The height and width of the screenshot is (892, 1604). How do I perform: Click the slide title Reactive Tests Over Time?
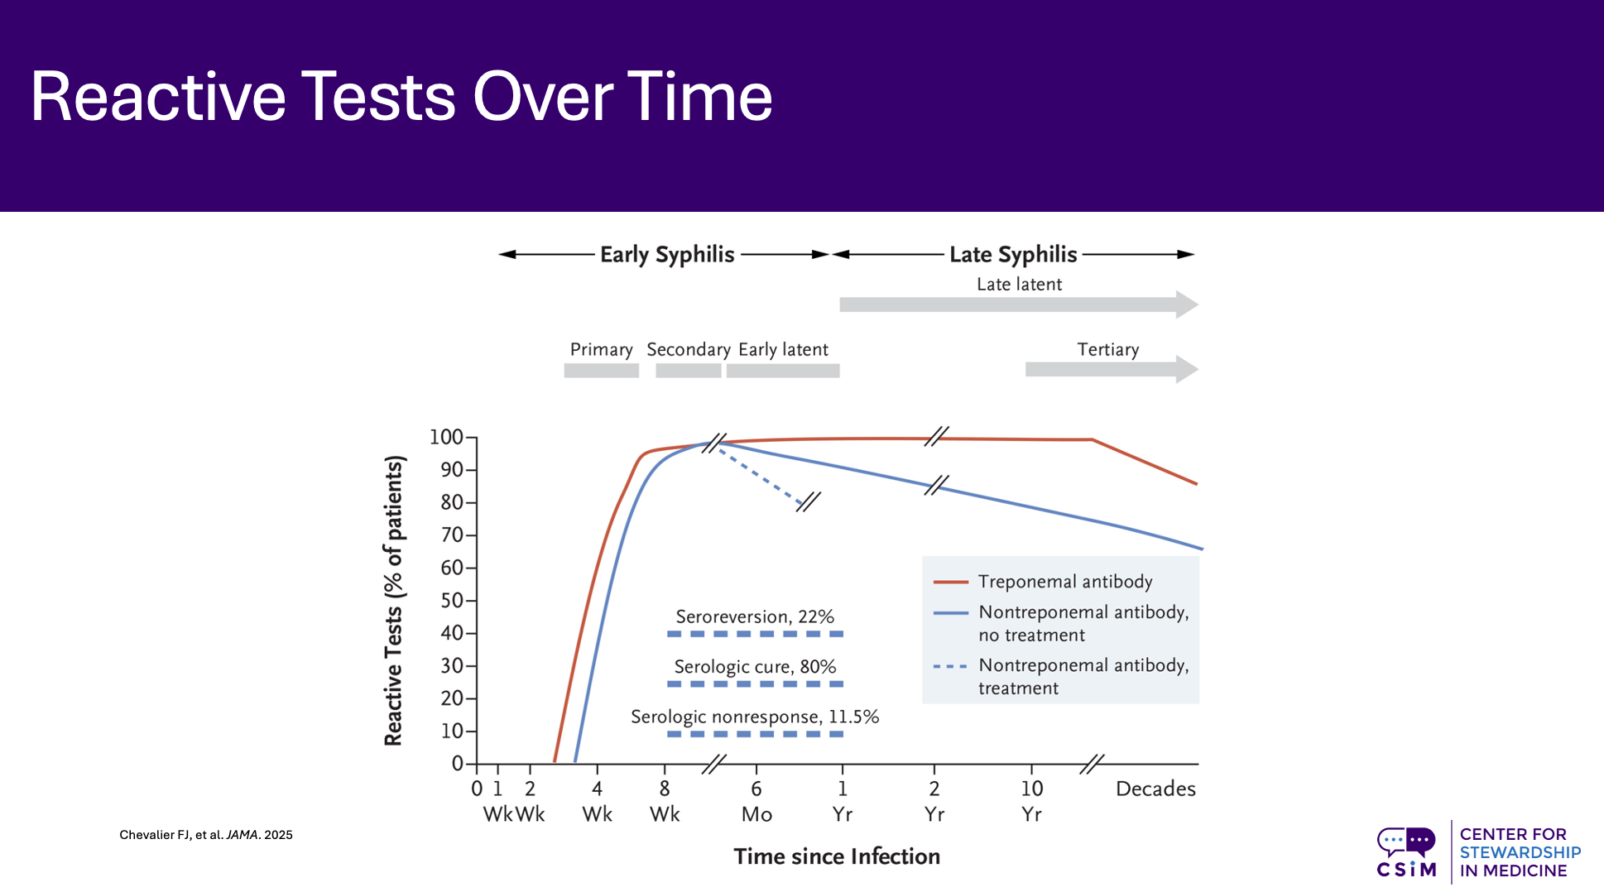tap(401, 97)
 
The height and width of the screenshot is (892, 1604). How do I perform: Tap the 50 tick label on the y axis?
tap(451, 601)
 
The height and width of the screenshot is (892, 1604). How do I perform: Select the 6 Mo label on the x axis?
tap(756, 801)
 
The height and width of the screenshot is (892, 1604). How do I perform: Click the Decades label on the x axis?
tap(1155, 789)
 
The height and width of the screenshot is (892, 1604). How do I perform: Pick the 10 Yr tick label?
tap(1031, 801)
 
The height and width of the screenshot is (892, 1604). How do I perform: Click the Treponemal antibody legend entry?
tap(1065, 582)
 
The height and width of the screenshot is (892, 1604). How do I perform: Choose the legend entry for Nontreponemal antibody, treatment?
tap(1083, 676)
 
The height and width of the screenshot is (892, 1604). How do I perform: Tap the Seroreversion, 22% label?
tap(755, 616)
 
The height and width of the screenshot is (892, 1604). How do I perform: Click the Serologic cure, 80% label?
tap(755, 667)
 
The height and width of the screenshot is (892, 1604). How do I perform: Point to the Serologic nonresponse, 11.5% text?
tap(755, 717)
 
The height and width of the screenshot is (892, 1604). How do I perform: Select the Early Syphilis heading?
tap(667, 254)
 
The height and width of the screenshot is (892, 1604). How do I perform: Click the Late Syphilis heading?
tap(1013, 254)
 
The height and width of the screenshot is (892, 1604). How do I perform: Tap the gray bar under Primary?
tap(601, 371)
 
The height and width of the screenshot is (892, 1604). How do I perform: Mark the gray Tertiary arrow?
tap(1109, 369)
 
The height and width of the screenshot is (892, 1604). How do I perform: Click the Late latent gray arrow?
tap(1018, 305)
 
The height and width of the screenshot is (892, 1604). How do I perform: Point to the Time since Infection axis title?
tap(837, 856)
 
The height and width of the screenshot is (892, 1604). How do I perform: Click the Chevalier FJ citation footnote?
tap(206, 835)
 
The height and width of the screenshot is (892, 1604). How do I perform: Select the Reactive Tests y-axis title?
tap(394, 601)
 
